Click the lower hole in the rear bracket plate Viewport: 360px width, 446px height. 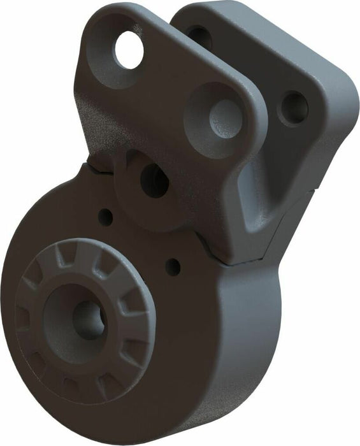tap(294, 108)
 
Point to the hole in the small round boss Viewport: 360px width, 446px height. tap(154, 181)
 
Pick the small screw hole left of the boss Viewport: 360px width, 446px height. tap(106, 217)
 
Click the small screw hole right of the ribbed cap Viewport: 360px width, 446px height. tap(173, 266)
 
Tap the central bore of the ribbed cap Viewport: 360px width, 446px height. tap(87, 317)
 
